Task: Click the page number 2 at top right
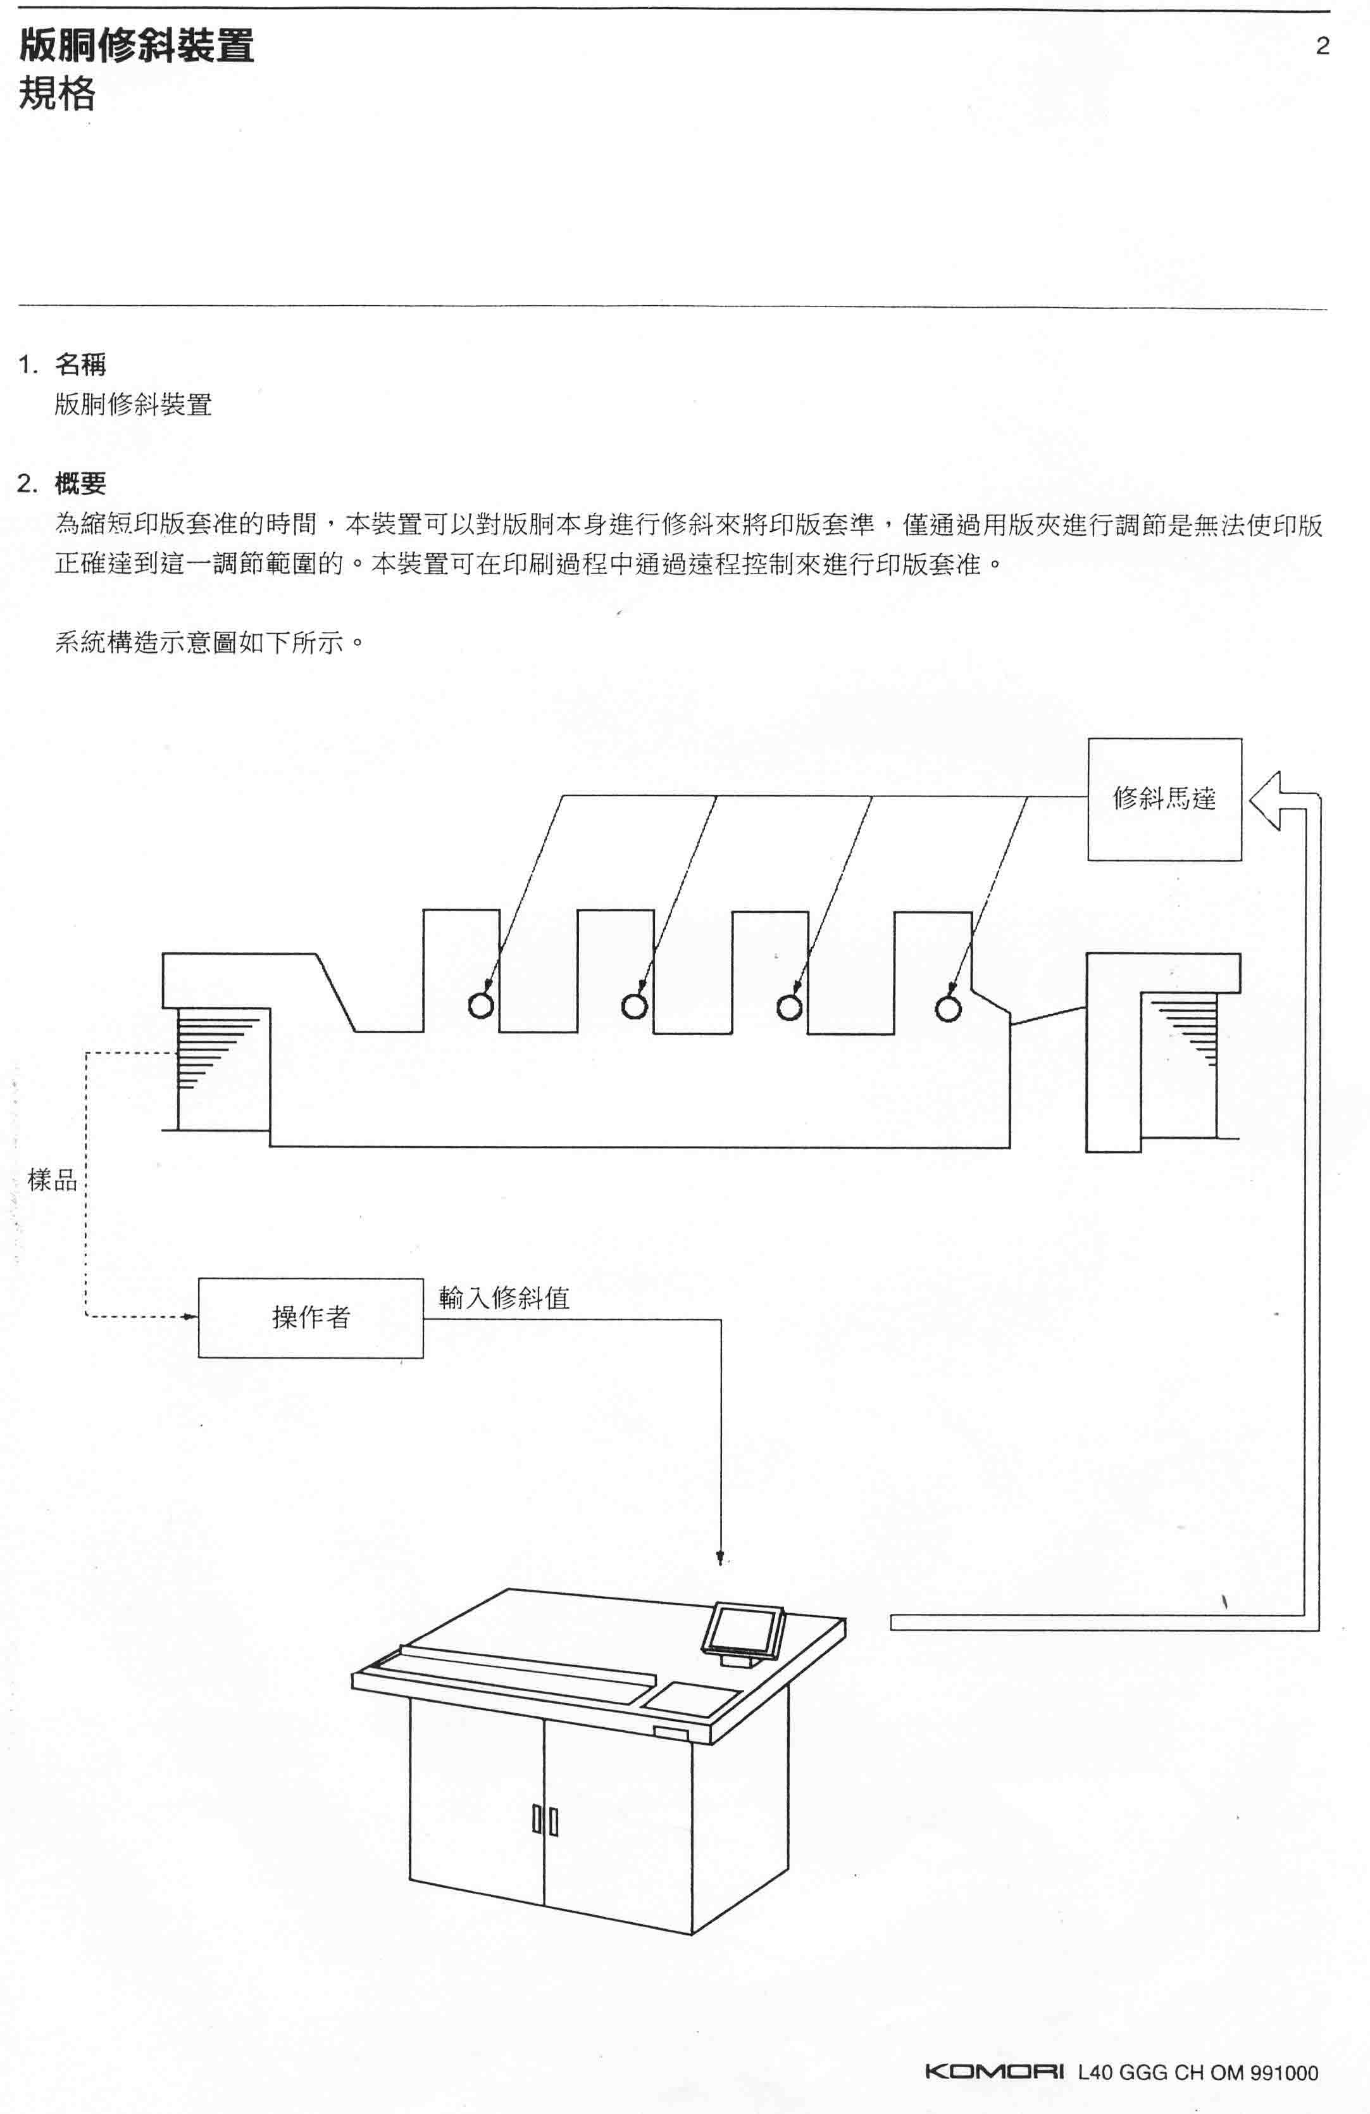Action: [1322, 46]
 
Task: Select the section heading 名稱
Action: [81, 364]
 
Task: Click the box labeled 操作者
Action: [311, 1318]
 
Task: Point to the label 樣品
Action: [53, 1181]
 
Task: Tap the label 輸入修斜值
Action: [504, 1298]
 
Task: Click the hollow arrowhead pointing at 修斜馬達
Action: [1264, 800]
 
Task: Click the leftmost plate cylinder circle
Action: [481, 1005]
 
